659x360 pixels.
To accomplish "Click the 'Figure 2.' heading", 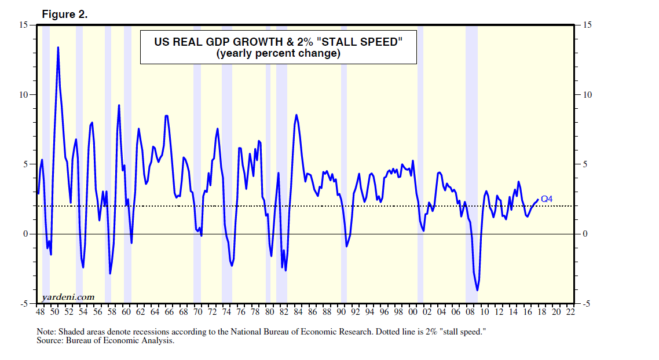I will click(x=65, y=15).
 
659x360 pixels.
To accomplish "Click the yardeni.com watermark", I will click(x=68, y=297).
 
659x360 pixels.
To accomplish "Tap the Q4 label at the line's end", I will click(x=547, y=199).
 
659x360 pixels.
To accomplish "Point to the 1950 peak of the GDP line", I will click(x=58, y=47).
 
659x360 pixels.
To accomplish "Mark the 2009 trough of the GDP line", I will click(x=477, y=290).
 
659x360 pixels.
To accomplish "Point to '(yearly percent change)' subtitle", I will click(x=278, y=54).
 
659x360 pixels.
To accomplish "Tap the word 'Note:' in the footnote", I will click(x=45, y=332).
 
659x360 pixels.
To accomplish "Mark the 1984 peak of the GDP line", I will click(x=296, y=115).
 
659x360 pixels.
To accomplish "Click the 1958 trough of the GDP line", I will click(x=110, y=273).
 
